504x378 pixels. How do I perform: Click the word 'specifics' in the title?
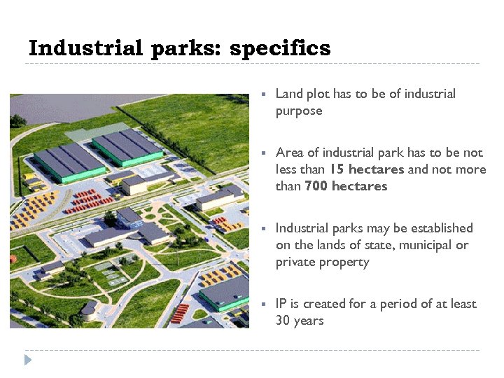point(280,49)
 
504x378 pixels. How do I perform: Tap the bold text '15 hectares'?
point(367,169)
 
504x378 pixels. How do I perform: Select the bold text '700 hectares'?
point(346,186)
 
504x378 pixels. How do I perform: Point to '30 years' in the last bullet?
point(300,321)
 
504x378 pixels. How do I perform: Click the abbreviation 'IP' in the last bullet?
point(281,304)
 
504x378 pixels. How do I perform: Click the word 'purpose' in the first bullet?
point(299,111)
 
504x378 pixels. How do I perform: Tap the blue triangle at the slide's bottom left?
point(28,360)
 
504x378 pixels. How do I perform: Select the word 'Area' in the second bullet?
point(290,153)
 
